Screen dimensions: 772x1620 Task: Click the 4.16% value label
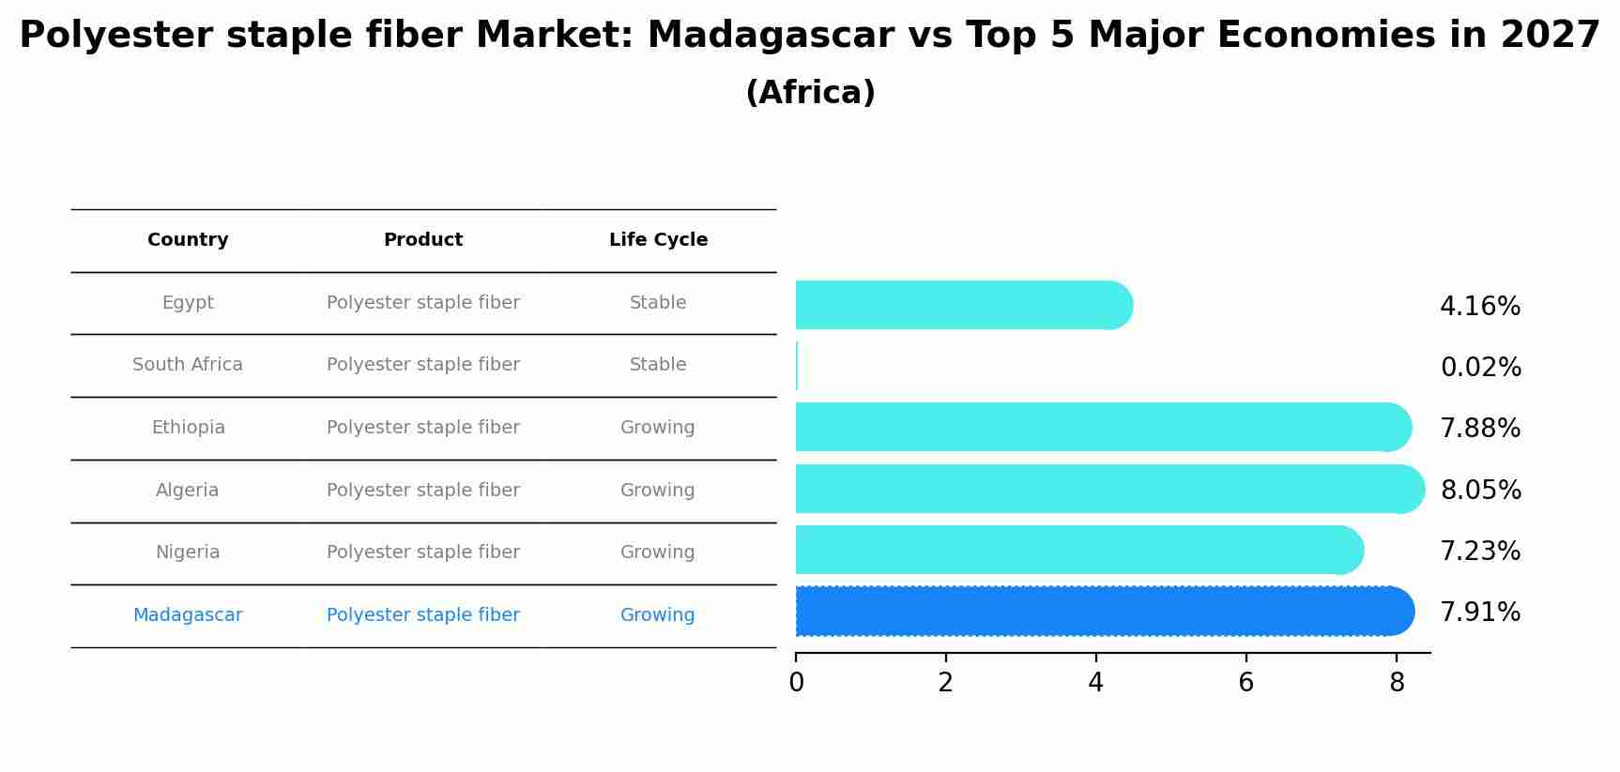tap(1480, 307)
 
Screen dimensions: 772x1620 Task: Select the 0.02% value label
tap(1481, 368)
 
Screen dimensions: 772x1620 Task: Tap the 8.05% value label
tap(1481, 491)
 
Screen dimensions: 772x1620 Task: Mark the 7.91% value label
tap(1480, 613)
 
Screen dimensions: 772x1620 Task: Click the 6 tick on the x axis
tap(1246, 683)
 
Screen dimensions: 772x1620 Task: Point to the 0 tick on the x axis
tap(796, 683)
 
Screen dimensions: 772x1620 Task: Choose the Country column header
tap(188, 240)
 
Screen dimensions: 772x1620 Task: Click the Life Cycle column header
tap(658, 240)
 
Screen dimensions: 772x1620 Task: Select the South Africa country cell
tap(188, 365)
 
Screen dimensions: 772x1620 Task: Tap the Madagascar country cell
tap(188, 615)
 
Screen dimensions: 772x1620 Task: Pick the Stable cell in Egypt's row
tap(658, 303)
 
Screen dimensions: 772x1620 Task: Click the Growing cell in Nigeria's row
tap(658, 553)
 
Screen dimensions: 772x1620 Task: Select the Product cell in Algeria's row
tap(423, 491)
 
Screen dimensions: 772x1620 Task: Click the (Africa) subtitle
tap(810, 93)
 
